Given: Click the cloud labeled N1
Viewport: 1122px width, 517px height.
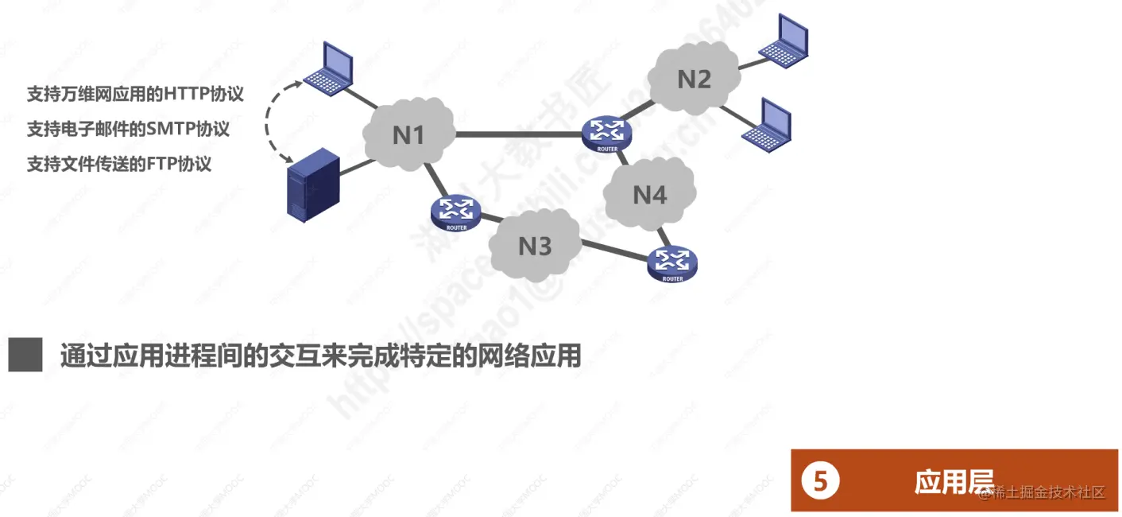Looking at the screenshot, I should [408, 134].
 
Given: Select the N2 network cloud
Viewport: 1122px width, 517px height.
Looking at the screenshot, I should [693, 79].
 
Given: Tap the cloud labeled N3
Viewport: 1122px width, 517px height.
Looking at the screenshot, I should [534, 246].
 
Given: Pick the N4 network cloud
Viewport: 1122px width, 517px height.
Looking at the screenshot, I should [649, 194].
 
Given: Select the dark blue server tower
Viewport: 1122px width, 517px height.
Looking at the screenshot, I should [312, 186].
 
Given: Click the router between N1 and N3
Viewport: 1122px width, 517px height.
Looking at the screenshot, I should [456, 212].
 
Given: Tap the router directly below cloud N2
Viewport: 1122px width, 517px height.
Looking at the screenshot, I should [606, 134].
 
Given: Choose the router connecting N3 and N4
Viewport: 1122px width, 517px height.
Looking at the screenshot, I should [672, 263].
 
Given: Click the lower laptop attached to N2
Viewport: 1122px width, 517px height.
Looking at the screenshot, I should [767, 123].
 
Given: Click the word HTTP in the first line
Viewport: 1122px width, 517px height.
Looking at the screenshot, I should [186, 94].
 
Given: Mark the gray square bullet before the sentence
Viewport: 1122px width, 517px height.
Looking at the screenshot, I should [25, 355].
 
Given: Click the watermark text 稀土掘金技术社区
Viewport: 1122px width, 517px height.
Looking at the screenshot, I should [1047, 492].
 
